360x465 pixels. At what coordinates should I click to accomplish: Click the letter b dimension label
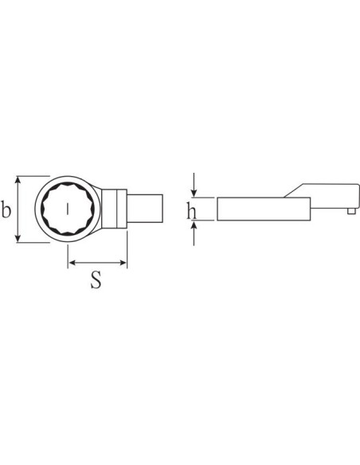[6, 209]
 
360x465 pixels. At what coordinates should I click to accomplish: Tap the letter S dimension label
[96, 279]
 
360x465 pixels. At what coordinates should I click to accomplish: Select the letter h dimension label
[191, 211]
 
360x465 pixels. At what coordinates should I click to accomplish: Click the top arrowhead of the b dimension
[18, 180]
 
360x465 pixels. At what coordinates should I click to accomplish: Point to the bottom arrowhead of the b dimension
[18, 238]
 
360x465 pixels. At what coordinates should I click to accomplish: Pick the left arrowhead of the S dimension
[72, 263]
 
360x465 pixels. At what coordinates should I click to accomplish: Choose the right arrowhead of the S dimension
[123, 263]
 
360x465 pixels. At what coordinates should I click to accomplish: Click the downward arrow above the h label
[194, 185]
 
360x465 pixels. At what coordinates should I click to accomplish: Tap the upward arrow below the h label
[194, 233]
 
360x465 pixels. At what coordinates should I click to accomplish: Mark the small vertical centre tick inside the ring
[68, 209]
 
